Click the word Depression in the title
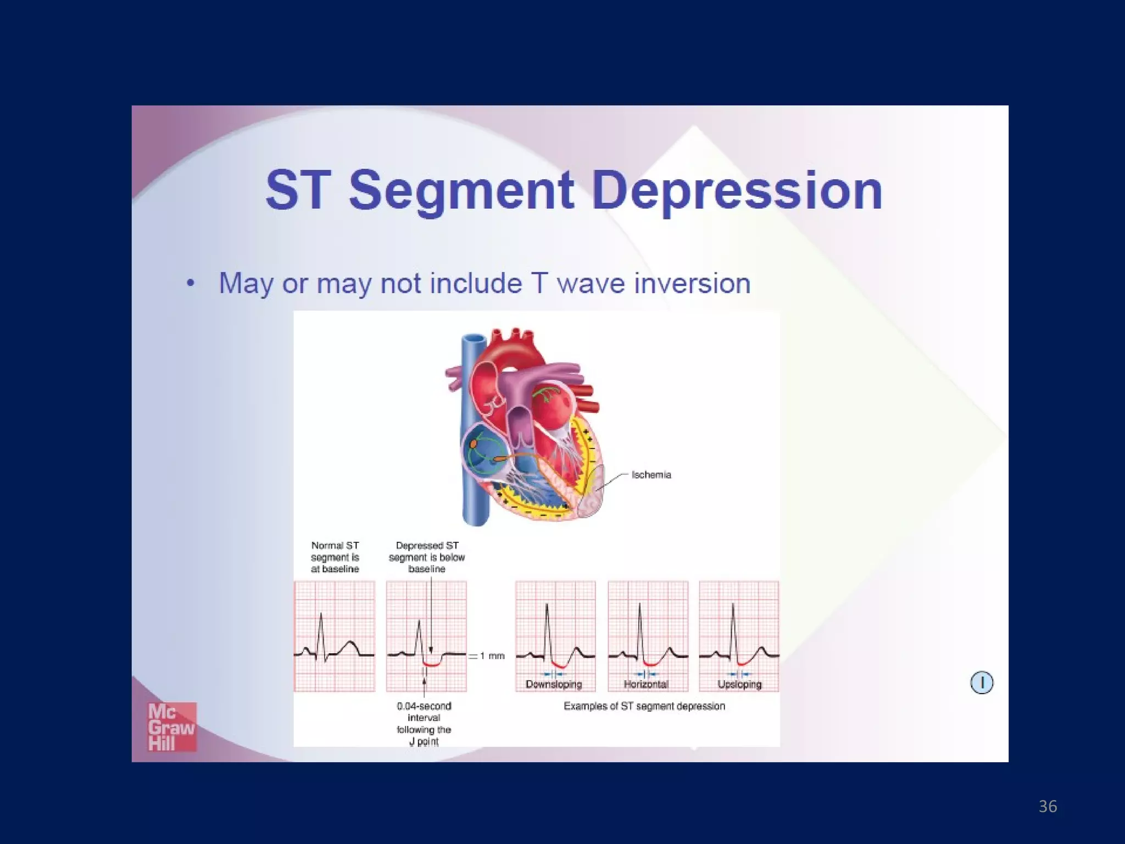737,191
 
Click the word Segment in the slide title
461,191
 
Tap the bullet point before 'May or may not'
191,284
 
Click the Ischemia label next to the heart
651,475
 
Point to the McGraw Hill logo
171,728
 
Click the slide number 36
1048,807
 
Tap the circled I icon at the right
982,683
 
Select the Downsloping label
553,685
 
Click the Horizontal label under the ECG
646,685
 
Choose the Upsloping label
739,685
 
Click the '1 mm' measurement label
492,656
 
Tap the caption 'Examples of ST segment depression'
644,707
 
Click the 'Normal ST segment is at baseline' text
335,557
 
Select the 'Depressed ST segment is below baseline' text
427,557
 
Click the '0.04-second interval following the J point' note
424,724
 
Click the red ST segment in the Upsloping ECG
743,662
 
